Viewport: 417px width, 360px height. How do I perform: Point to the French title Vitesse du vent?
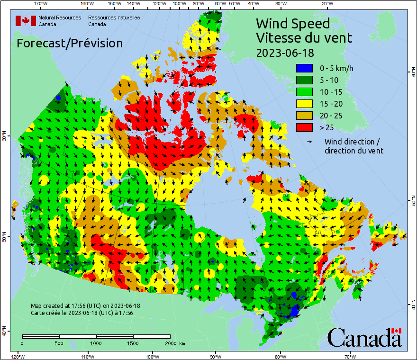click(x=304, y=37)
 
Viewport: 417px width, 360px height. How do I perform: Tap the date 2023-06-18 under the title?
click(x=285, y=52)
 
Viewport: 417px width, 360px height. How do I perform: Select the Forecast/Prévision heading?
click(x=70, y=43)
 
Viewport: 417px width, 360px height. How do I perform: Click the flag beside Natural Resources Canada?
click(x=26, y=21)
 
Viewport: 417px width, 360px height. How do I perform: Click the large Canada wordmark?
click(x=364, y=338)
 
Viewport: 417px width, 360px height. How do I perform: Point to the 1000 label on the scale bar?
click(x=96, y=343)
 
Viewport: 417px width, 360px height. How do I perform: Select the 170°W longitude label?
click(x=41, y=4)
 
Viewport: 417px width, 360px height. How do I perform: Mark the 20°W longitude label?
click(x=326, y=4)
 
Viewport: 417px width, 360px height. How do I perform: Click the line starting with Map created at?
click(x=85, y=306)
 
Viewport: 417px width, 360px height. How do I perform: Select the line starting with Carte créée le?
click(x=82, y=313)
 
